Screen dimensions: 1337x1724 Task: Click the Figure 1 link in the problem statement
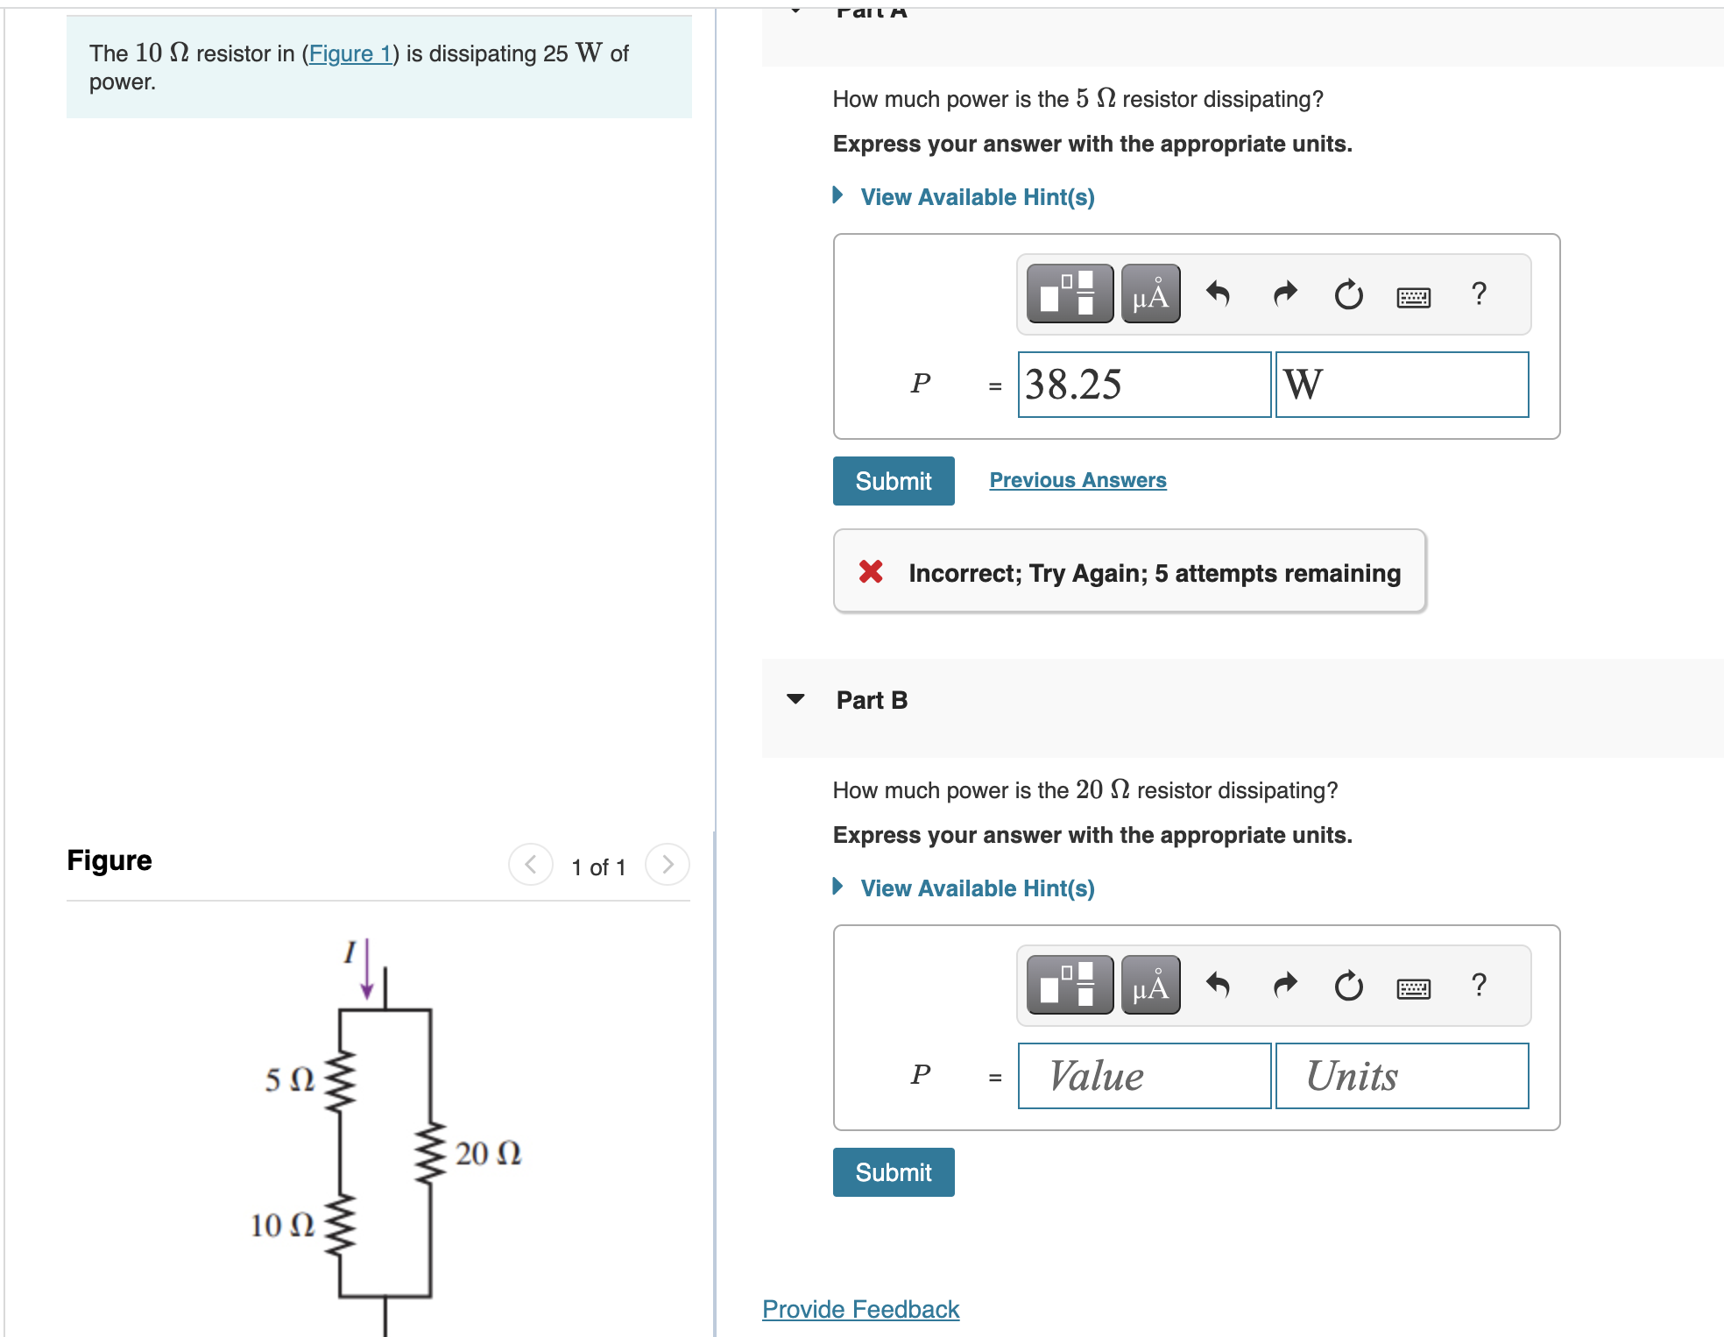point(350,54)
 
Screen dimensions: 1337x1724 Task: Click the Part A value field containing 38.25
point(1143,385)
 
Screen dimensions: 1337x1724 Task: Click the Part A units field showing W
point(1401,385)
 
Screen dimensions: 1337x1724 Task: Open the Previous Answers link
point(1077,480)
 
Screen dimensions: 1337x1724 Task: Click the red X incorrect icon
point(870,572)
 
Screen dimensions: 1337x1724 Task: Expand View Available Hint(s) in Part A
point(976,197)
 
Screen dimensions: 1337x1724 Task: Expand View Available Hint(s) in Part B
point(976,888)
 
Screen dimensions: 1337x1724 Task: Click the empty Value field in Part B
point(1143,1076)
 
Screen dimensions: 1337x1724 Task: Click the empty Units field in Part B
point(1401,1076)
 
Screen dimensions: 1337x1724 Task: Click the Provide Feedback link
point(860,1309)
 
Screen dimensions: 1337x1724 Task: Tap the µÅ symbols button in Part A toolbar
point(1149,294)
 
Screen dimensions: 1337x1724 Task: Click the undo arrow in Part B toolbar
point(1218,986)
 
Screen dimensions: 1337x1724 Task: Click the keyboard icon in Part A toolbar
point(1413,297)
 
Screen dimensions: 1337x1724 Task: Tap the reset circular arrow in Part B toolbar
point(1348,986)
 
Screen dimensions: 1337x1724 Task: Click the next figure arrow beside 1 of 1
point(667,866)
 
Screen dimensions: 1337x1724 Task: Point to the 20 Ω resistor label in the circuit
point(488,1153)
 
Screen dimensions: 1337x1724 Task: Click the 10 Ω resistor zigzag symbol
point(340,1225)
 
